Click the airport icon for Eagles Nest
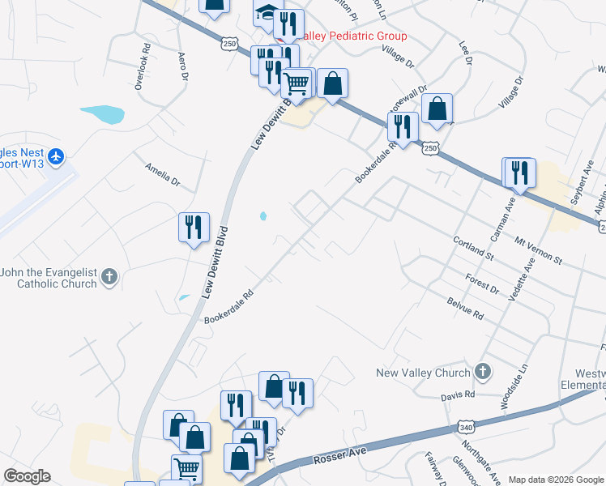(x=55, y=156)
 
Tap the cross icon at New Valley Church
(x=482, y=372)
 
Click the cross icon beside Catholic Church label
(x=109, y=278)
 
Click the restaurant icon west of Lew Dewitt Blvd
(x=194, y=227)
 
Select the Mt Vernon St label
(x=538, y=249)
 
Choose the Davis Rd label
(x=458, y=394)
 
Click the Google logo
(x=27, y=476)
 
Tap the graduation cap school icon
(x=266, y=14)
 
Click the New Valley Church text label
(x=423, y=373)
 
